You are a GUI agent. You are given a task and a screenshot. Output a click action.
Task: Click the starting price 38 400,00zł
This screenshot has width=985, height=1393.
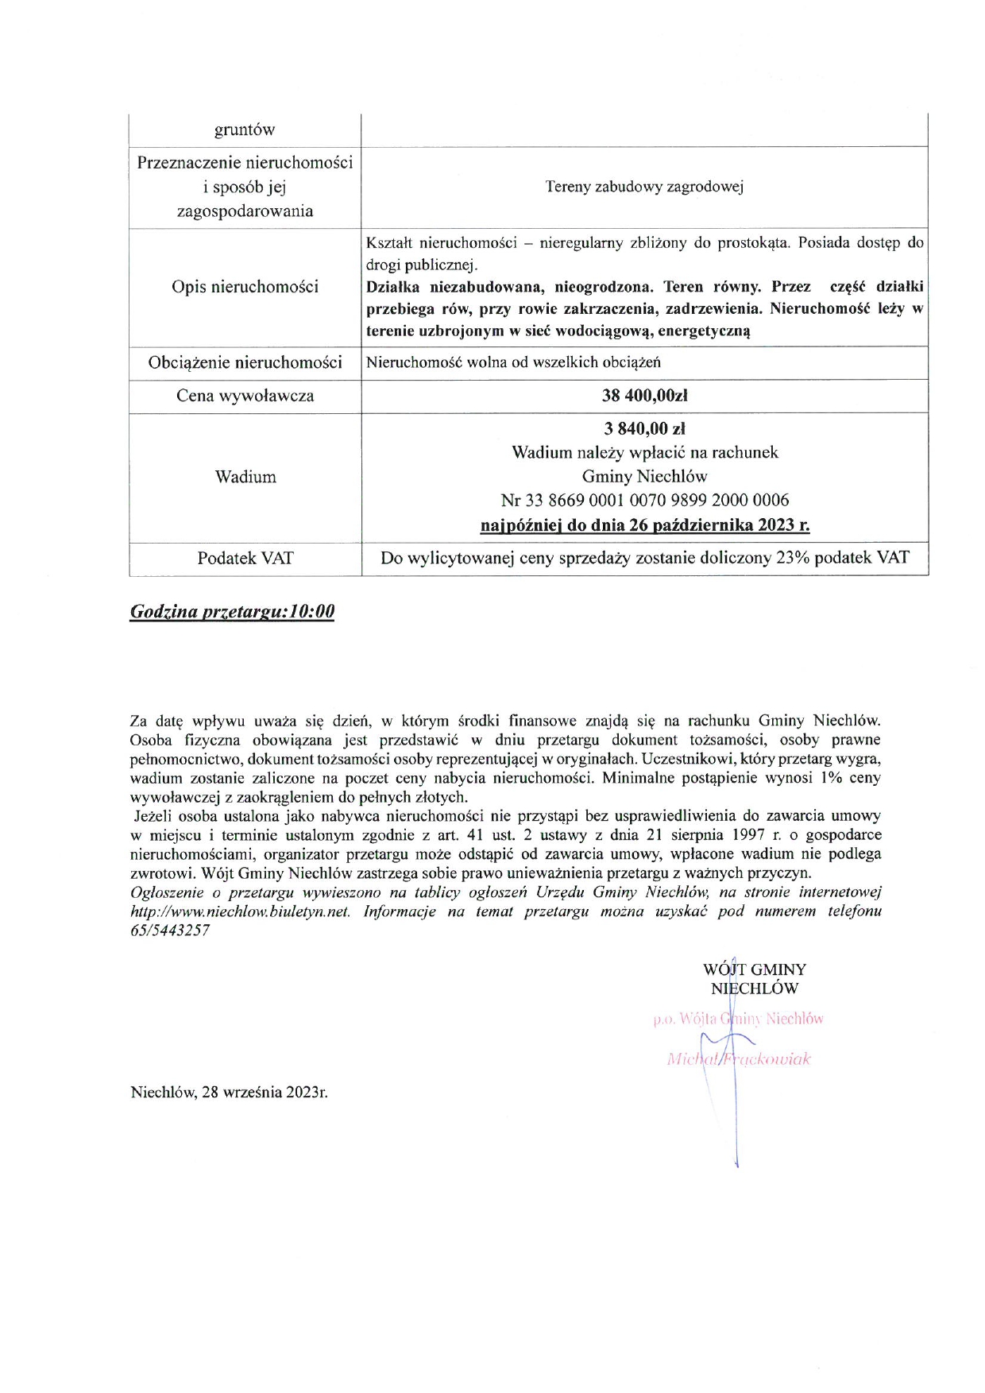[644, 396]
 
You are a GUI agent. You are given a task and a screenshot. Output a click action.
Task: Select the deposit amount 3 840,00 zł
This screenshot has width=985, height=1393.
[644, 429]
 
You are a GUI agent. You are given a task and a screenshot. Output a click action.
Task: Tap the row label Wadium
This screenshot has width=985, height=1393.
[245, 477]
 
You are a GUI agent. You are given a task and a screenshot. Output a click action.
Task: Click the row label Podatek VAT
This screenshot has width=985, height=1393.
[245, 558]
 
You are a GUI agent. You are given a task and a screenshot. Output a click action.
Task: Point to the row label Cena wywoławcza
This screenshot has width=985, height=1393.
[245, 396]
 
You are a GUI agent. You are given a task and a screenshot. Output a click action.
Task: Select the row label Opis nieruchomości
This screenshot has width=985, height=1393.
[245, 287]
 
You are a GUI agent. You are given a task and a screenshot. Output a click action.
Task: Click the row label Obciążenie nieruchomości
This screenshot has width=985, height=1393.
[245, 362]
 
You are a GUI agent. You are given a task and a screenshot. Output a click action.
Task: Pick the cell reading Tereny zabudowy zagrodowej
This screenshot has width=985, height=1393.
[644, 188]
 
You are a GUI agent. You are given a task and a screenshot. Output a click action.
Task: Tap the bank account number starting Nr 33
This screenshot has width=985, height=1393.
[644, 501]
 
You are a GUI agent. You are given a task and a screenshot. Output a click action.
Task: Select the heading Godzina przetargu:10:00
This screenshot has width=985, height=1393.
[232, 611]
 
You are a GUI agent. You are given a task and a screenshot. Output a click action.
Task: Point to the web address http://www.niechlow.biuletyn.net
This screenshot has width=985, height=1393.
[240, 911]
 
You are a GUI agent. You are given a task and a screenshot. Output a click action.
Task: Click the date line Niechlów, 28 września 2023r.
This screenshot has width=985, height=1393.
[229, 1092]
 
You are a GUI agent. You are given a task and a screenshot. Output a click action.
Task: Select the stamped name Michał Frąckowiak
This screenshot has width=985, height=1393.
[739, 1059]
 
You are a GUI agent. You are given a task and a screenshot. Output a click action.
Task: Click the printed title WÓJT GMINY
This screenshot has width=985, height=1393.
[754, 969]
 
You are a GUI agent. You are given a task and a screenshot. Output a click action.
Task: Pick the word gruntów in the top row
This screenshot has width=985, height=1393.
[245, 130]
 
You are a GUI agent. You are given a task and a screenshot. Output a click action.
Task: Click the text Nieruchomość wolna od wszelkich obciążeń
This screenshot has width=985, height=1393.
[513, 362]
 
